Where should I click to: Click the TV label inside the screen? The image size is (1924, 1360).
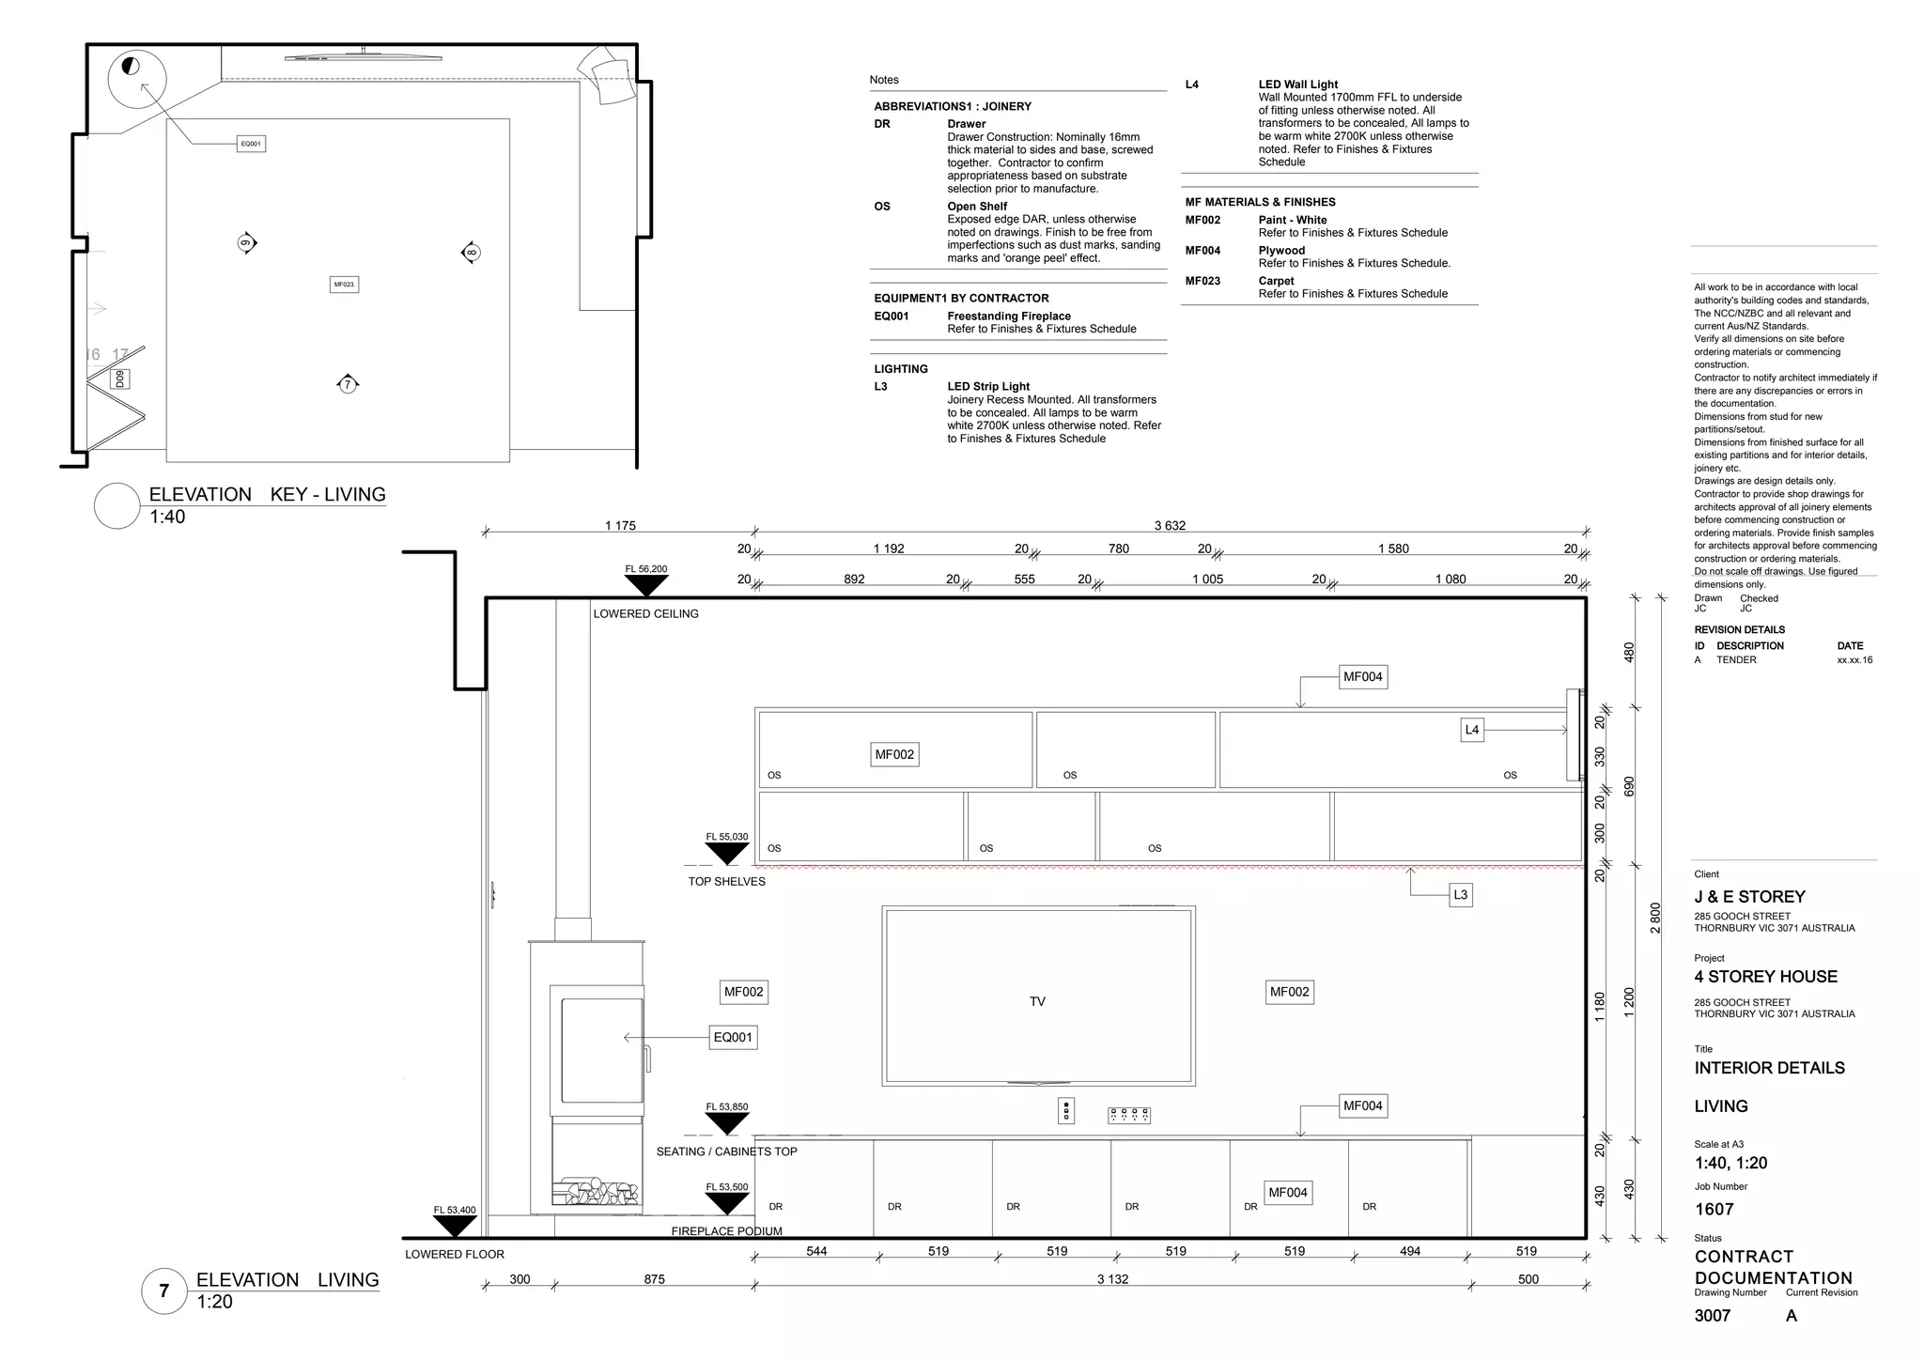(x=1037, y=1001)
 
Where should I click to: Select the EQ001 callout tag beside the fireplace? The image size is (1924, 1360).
(x=733, y=1037)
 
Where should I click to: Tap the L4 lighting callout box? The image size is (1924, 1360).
(x=1472, y=730)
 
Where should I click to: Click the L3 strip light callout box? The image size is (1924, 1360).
(x=1460, y=895)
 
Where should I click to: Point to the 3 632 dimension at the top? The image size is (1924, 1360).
(x=1170, y=526)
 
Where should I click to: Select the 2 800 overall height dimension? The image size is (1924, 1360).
(x=1655, y=918)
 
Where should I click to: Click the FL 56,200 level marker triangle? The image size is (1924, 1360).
(x=646, y=585)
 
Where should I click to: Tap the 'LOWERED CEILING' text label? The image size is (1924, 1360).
(x=645, y=613)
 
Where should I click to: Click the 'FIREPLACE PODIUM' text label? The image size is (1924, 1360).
(x=726, y=1231)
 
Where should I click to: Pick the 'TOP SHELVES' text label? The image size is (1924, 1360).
(x=726, y=881)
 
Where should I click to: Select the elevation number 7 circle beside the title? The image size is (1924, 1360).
(x=164, y=1290)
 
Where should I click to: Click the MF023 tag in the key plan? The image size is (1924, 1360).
(x=344, y=284)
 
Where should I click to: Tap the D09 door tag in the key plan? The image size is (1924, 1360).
(x=119, y=379)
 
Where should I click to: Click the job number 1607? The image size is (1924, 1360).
(x=1714, y=1210)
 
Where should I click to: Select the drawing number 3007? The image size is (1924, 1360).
(x=1712, y=1316)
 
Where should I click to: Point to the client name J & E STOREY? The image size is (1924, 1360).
(x=1749, y=897)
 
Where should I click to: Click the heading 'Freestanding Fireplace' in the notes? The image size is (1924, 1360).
(x=1008, y=317)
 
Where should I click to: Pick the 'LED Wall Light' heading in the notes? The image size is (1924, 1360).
(x=1297, y=85)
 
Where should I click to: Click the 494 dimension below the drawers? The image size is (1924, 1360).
(x=1409, y=1251)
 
